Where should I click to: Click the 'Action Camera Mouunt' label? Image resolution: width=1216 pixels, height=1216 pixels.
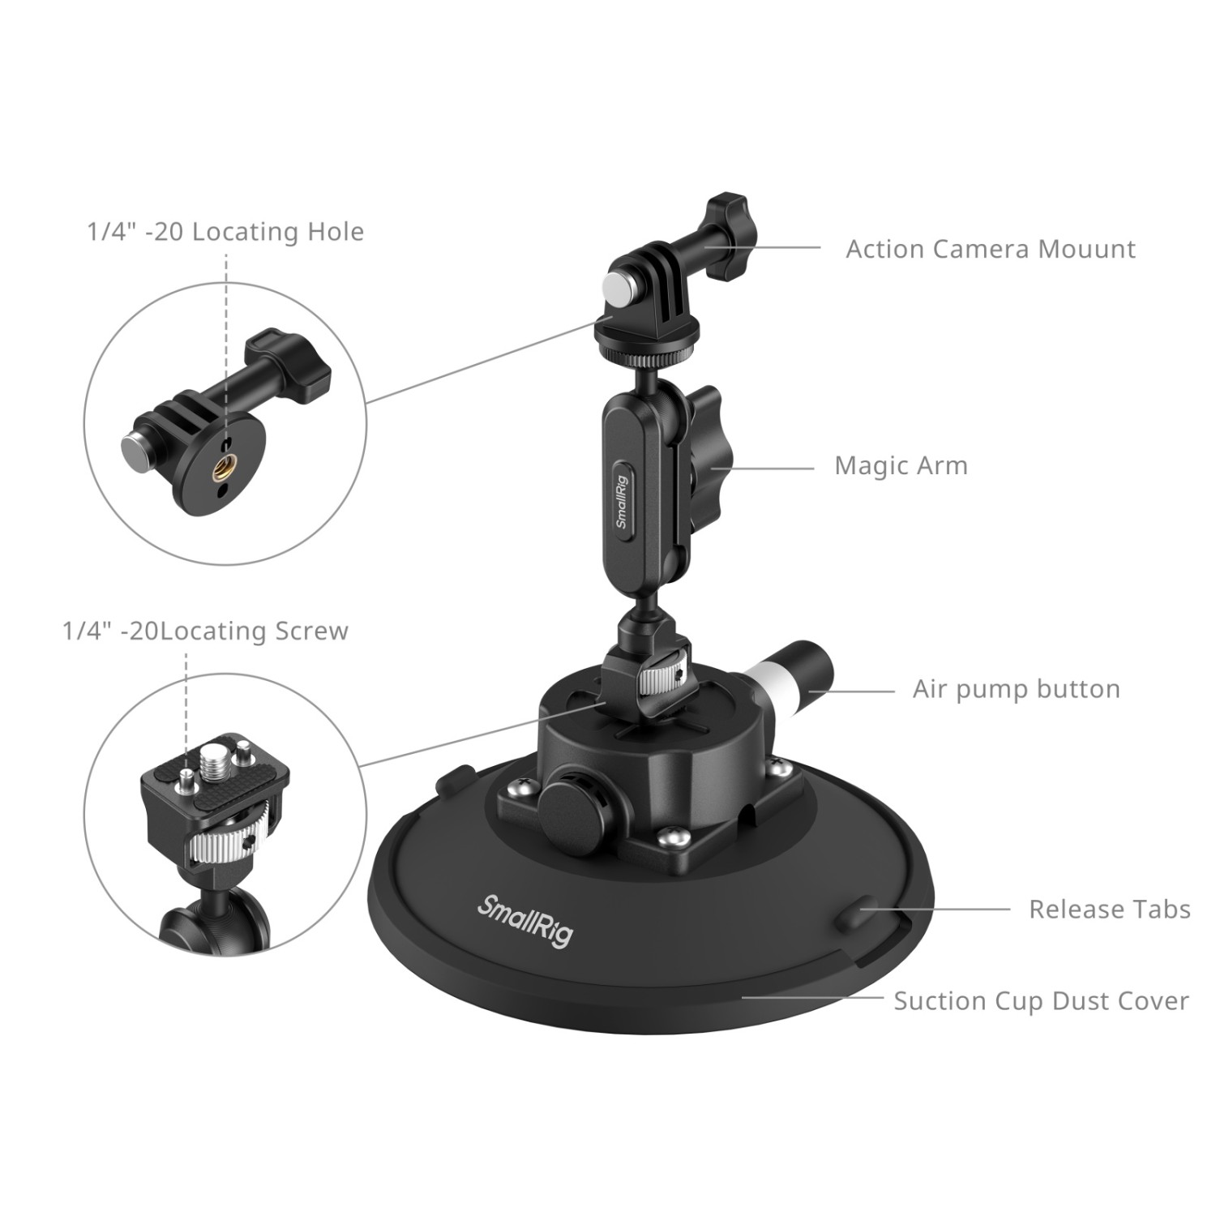(990, 249)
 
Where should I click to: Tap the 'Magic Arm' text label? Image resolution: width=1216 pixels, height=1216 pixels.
(901, 466)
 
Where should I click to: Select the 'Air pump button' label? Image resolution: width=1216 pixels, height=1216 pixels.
(1017, 689)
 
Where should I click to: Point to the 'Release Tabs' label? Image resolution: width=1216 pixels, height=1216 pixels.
(1110, 909)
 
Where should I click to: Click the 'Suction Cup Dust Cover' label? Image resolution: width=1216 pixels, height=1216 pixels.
(1041, 1001)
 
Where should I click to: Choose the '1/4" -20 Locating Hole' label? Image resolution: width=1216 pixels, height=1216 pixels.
(225, 232)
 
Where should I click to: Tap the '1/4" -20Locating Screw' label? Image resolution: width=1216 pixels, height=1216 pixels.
(205, 631)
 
